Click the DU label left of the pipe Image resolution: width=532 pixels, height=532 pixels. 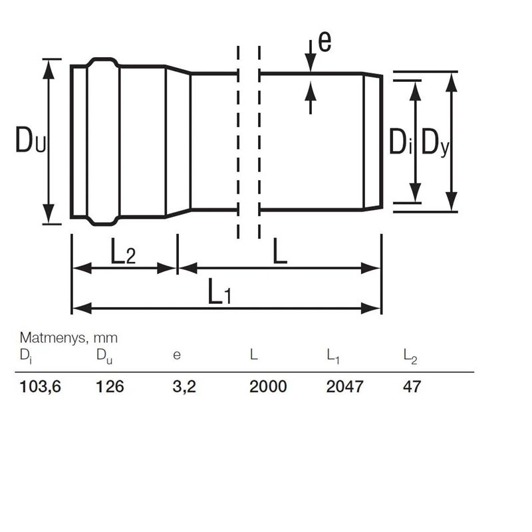(x=31, y=141)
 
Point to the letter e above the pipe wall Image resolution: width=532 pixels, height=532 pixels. (x=325, y=42)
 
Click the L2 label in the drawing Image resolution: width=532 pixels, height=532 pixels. (x=123, y=253)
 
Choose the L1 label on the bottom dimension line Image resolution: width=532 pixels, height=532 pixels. (x=219, y=293)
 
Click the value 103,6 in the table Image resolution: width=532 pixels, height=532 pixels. (x=41, y=386)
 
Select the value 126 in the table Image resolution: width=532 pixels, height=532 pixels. (x=110, y=386)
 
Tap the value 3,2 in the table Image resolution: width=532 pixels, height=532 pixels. (x=184, y=386)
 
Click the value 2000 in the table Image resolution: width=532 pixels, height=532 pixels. (x=268, y=386)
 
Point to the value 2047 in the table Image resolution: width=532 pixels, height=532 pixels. (x=344, y=386)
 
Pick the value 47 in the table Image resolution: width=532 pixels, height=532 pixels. (x=412, y=386)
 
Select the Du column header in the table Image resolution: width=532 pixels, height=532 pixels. (x=104, y=356)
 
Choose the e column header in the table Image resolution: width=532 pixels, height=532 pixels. (x=176, y=356)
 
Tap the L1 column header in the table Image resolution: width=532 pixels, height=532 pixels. (x=333, y=356)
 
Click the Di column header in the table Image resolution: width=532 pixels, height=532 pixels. (x=25, y=356)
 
